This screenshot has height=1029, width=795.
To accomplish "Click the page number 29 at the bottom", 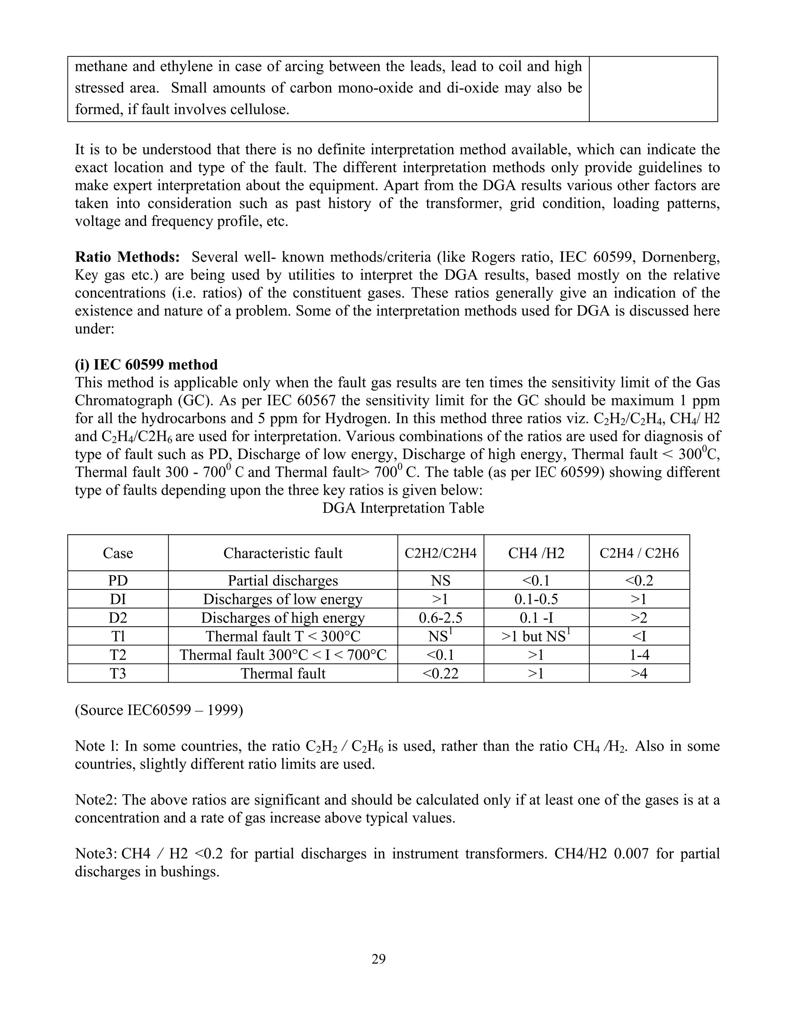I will [378, 959].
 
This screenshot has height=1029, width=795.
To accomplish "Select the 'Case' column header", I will [118, 553].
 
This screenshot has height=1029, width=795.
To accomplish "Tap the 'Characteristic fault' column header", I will [283, 553].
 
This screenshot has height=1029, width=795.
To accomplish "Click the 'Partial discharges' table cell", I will [283, 581].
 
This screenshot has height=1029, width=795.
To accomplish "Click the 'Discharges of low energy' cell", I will [283, 599].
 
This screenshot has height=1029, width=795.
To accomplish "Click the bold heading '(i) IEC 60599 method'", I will [146, 365].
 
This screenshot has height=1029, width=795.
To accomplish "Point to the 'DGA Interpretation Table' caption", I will [403, 508].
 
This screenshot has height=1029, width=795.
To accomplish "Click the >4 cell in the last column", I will [639, 673].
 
